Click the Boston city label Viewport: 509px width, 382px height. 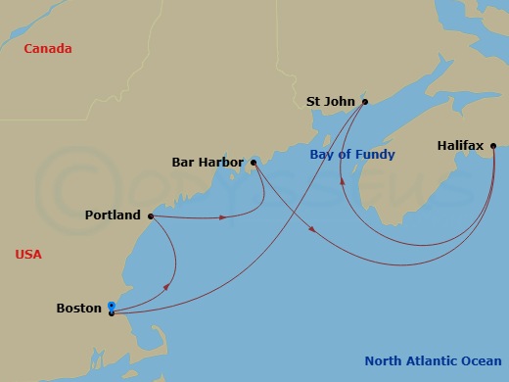(x=78, y=309)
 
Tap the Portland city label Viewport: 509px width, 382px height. (x=113, y=215)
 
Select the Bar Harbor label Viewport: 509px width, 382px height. (x=208, y=163)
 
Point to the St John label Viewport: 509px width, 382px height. (x=330, y=101)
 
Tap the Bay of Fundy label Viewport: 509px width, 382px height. (x=352, y=155)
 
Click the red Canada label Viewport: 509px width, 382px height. (x=48, y=49)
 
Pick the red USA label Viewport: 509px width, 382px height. (x=28, y=255)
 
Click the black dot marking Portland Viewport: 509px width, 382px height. (x=150, y=215)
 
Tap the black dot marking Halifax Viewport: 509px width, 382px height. (x=492, y=147)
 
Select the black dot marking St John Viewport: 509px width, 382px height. (x=364, y=101)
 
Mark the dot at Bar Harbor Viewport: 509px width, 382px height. (x=253, y=162)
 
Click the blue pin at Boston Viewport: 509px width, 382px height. (x=111, y=308)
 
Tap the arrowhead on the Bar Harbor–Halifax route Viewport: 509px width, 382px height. (x=311, y=231)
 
